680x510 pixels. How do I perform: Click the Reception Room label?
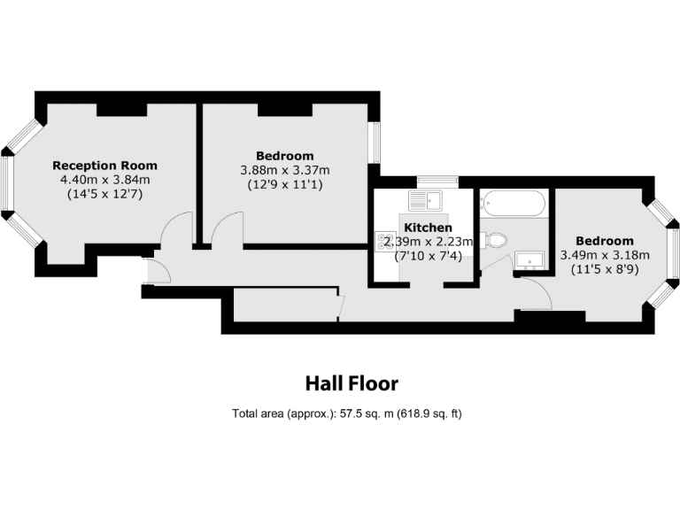(104, 166)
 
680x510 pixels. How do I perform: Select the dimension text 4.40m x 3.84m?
(104, 180)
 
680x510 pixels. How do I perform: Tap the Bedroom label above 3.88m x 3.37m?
(284, 156)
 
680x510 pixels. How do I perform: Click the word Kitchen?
(428, 228)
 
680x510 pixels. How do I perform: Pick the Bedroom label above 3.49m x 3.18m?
(604, 241)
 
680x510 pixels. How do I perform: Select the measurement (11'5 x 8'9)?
(604, 270)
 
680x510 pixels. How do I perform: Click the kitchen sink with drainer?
(419, 200)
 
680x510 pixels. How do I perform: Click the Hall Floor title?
(352, 383)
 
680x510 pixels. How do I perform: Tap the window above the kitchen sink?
(437, 182)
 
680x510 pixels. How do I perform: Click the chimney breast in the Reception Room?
(122, 109)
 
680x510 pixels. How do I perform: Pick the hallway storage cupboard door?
(342, 306)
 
